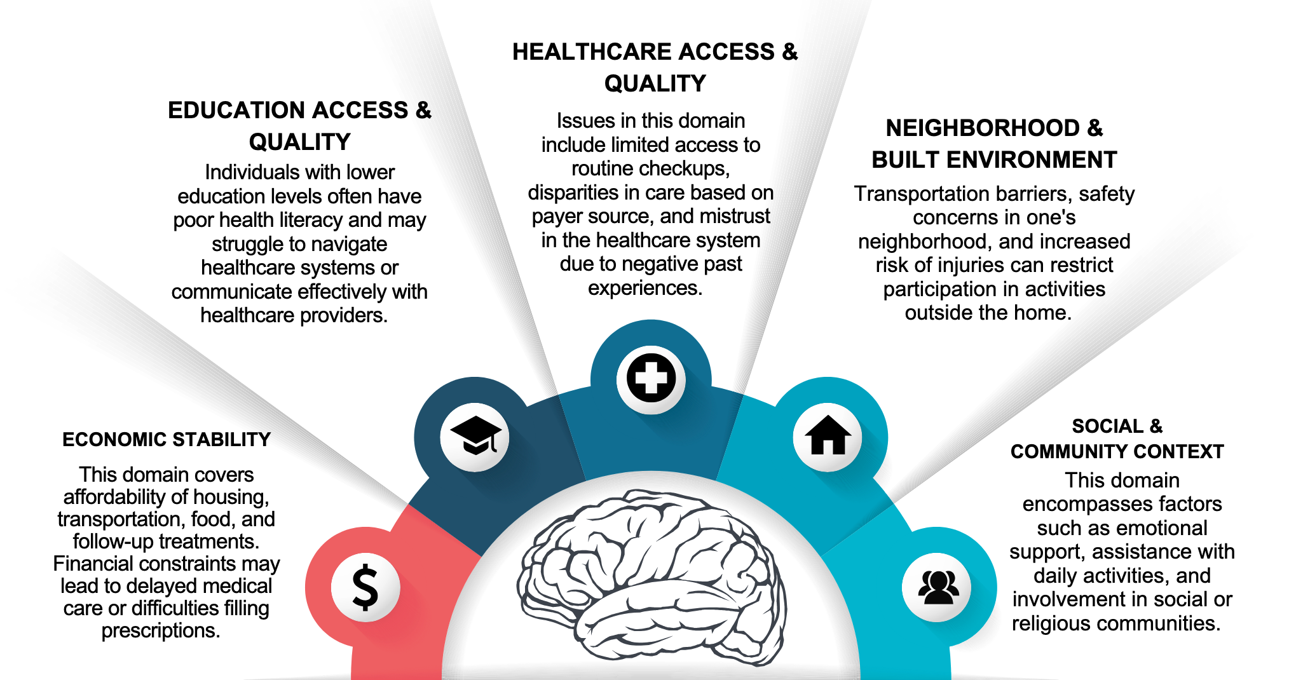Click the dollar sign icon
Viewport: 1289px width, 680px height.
coord(365,587)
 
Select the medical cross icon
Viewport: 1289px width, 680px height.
coord(651,379)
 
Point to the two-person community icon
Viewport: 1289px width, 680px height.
coord(938,587)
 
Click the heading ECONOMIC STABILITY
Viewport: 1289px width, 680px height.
coord(167,440)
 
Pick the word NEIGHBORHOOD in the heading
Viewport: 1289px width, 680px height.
coord(983,128)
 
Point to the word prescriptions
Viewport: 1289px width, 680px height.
coord(161,630)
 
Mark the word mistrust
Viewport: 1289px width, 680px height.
coord(735,216)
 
